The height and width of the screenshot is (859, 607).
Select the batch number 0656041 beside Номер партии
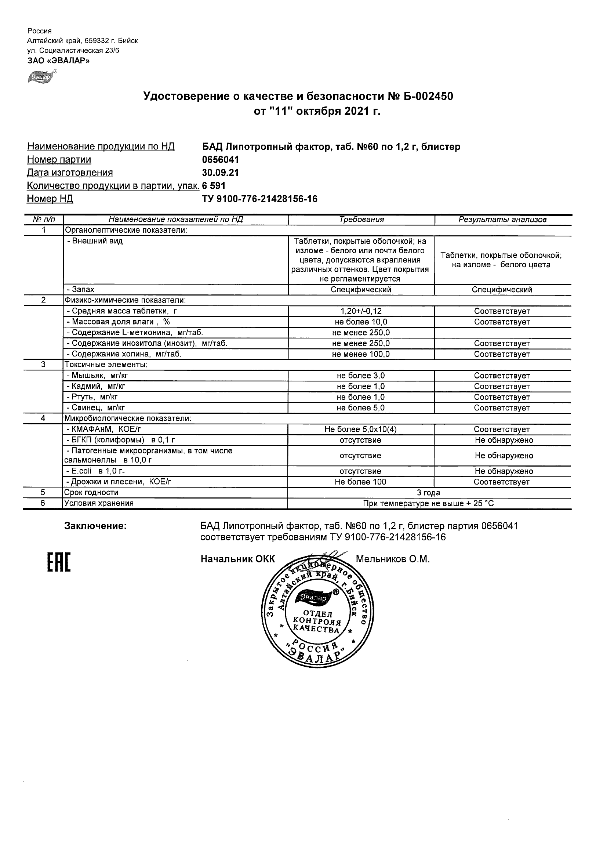click(x=220, y=160)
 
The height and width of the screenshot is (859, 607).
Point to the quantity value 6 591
click(x=214, y=186)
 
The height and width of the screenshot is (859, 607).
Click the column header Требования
click(x=361, y=220)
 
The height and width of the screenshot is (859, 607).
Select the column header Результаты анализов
click(x=502, y=220)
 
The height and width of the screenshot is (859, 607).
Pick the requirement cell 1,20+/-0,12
click(x=361, y=311)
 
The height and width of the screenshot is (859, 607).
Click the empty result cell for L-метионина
click(x=502, y=333)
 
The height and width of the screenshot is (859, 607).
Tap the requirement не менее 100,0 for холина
click(x=361, y=354)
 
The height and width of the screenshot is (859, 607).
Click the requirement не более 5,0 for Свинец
click(x=361, y=408)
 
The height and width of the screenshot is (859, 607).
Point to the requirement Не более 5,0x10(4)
click(x=361, y=429)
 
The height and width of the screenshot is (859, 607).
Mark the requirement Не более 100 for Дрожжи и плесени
click(x=361, y=482)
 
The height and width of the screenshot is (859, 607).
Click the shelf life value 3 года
click(x=429, y=493)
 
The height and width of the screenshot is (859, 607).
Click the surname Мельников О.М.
click(x=393, y=559)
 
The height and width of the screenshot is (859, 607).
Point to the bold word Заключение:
click(x=96, y=526)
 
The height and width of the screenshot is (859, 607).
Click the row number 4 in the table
click(x=43, y=418)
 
